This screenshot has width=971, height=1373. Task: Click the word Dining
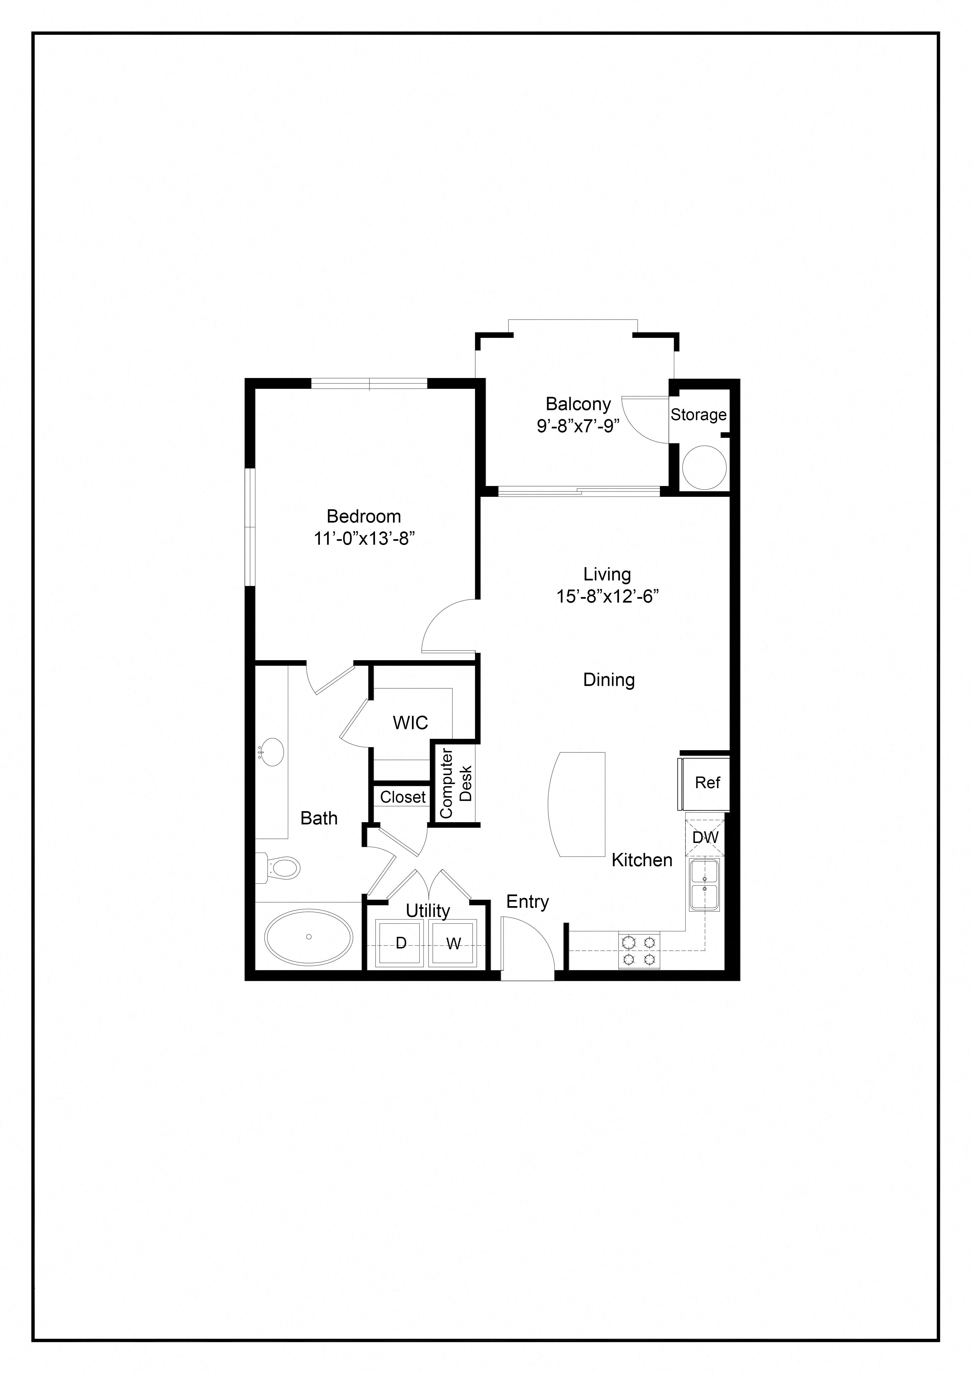609,679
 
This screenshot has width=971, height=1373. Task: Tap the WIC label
410,723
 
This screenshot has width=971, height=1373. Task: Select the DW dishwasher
705,837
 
